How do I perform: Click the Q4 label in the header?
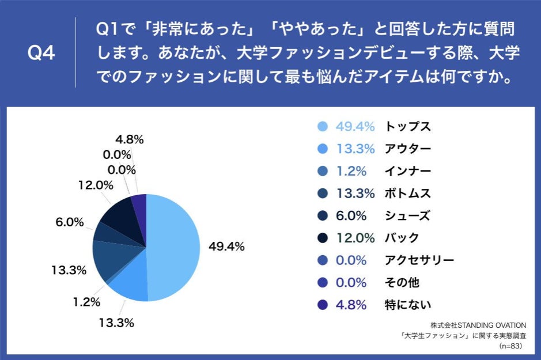point(41,54)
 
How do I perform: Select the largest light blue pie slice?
point(175,248)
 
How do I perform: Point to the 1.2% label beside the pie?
point(86,301)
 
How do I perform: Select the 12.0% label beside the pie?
point(94,185)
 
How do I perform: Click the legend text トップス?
point(407,127)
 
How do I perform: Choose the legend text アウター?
point(407,149)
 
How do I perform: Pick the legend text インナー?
point(407,171)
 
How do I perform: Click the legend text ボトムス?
point(407,194)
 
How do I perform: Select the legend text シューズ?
point(407,216)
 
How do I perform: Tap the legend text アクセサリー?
point(419,260)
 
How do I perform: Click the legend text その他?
point(402,283)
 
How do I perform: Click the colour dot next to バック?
point(323,238)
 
